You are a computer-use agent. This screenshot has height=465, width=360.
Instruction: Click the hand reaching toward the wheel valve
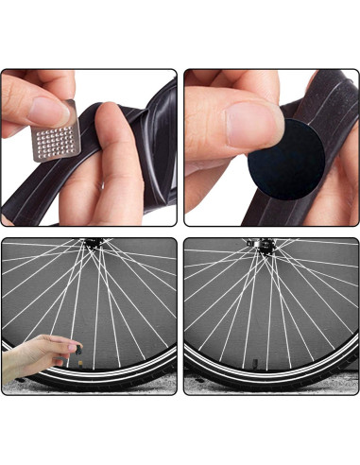point(33,354)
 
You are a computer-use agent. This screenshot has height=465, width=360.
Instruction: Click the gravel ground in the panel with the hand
point(142,389)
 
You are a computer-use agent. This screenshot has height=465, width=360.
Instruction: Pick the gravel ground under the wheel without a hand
point(208,387)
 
